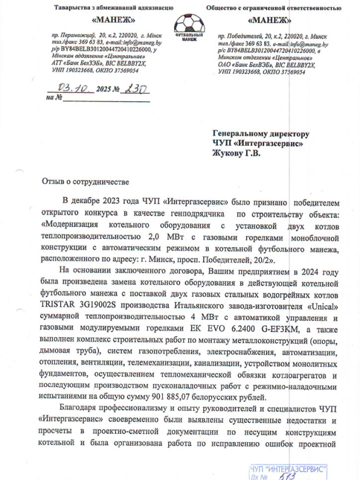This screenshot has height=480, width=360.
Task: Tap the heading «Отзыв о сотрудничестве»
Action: (85, 181)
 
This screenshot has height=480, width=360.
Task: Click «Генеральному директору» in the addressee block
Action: (261, 133)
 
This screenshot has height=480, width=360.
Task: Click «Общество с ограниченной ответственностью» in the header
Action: (278, 8)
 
